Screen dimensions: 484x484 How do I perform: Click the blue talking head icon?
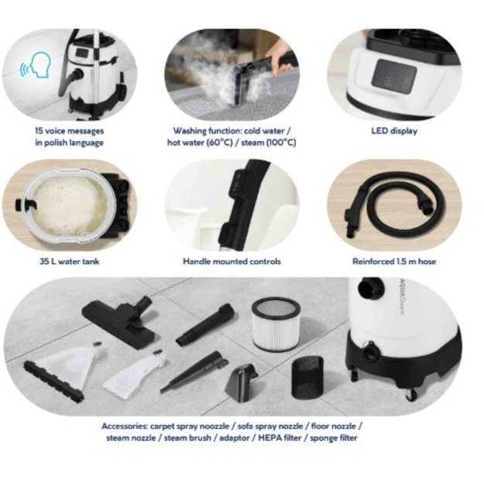tap(36, 66)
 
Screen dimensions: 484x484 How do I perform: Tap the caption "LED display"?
tap(394, 131)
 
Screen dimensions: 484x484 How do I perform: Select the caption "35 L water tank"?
tap(70, 262)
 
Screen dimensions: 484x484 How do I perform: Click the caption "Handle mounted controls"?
tap(232, 262)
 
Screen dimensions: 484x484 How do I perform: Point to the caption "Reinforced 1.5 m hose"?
tap(394, 262)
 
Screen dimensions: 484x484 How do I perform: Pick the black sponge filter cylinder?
tap(307, 377)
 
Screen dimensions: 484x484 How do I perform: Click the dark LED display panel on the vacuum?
tap(394, 77)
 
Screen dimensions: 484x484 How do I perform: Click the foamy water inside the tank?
tap(70, 205)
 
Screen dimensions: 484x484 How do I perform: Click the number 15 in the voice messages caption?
tap(39, 131)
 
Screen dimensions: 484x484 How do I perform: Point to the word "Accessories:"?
tap(125, 426)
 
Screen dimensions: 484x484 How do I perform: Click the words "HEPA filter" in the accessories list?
tap(280, 438)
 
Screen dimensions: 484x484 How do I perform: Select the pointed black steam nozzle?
tap(193, 372)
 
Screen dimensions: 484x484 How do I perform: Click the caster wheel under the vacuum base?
tap(411, 395)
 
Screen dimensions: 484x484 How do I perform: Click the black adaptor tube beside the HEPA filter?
tap(205, 324)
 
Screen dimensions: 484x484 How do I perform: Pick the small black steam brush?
tap(242, 383)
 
